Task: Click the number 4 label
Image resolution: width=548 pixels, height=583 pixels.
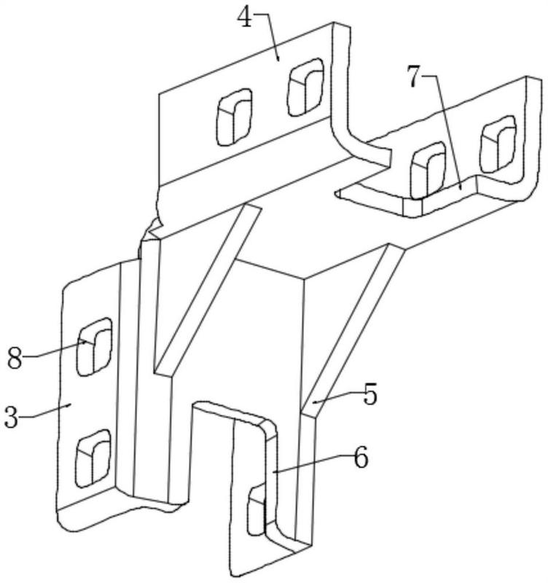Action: click(x=245, y=17)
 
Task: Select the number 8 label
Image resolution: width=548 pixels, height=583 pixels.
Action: click(x=15, y=358)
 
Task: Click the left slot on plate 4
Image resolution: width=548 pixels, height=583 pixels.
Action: click(x=234, y=117)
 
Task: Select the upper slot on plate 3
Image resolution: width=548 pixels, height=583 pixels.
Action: click(x=94, y=347)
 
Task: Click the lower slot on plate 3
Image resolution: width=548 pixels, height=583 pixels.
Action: click(x=93, y=458)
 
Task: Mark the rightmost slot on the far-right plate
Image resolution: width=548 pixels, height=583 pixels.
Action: click(x=498, y=144)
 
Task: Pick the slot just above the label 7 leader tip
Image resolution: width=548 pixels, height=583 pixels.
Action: click(x=428, y=171)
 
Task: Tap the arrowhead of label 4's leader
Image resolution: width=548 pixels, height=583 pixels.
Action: click(x=278, y=57)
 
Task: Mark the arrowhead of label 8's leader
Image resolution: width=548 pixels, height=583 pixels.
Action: click(x=87, y=343)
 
